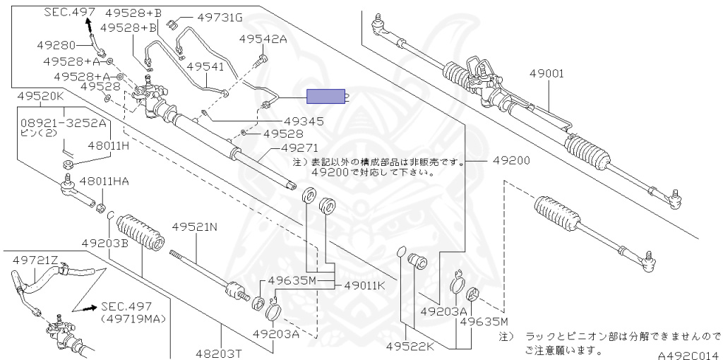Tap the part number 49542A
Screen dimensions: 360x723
pyautogui.click(x=263, y=40)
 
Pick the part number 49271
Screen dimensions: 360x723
pyautogui.click(x=300, y=148)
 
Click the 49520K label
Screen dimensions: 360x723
pyautogui.click(x=41, y=95)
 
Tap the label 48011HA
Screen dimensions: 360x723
pyautogui.click(x=104, y=181)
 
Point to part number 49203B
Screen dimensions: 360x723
pyautogui.click(x=104, y=243)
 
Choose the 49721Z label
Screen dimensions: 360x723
pyautogui.click(x=35, y=262)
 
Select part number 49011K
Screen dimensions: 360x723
pyautogui.click(x=364, y=286)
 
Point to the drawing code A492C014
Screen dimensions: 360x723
pyautogui.click(x=688, y=356)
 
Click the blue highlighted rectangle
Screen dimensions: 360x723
pyautogui.click(x=325, y=97)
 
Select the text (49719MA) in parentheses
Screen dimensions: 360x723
pyautogui.click(x=133, y=319)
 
